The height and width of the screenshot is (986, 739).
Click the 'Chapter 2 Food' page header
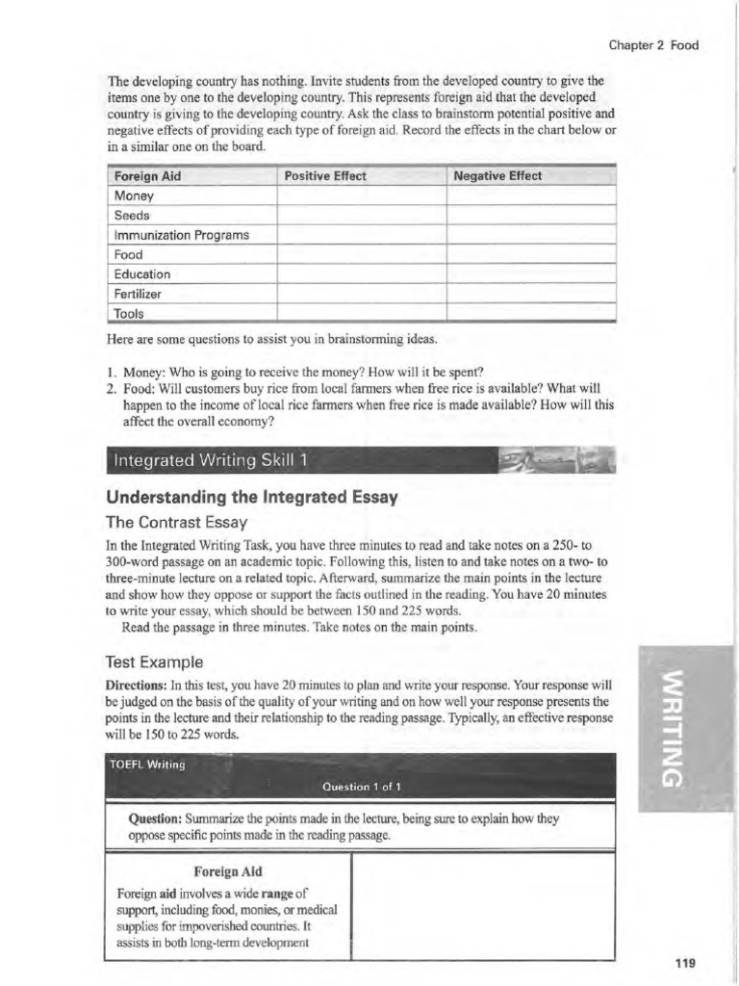pos(653,44)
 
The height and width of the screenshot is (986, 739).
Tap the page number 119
pos(685,962)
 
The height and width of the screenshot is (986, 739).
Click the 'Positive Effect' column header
pos(325,176)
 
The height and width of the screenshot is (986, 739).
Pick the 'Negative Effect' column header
pos(497,176)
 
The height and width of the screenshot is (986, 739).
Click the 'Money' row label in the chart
pos(134,195)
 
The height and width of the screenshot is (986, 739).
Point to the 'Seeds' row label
pos(132,215)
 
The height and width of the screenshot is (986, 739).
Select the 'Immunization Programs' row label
pos(181,235)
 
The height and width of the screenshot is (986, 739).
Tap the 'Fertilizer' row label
pos(139,294)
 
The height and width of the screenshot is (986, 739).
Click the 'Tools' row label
pos(129,313)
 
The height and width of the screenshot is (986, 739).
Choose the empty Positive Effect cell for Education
pos(361,274)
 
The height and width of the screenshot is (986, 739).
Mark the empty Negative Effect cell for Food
pos(530,254)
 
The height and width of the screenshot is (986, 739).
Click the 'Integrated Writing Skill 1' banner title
pos(210,461)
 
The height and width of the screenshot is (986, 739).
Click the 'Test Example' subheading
pos(154,662)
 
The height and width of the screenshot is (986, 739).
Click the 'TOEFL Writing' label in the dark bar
pos(146,765)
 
